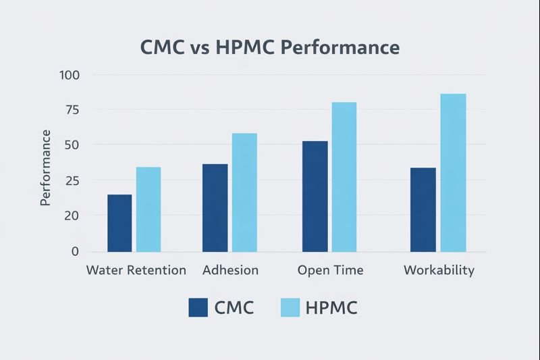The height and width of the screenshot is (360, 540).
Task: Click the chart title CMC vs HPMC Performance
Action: point(269,48)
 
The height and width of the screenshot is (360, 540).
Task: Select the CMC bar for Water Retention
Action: point(120,223)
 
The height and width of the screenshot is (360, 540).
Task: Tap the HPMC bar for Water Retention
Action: point(148,209)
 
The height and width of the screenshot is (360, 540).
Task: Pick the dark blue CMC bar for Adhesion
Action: point(215,207)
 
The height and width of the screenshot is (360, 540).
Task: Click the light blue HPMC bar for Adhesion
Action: point(244,192)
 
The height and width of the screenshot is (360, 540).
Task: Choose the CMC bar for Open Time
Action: point(315,196)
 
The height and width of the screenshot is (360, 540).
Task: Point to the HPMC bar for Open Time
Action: point(344,177)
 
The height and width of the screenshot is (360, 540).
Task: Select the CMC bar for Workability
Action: point(423,209)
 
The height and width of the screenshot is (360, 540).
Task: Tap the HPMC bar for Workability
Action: point(453,172)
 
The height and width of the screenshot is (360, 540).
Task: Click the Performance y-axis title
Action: point(46,167)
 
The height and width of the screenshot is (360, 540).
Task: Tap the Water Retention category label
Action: point(136,270)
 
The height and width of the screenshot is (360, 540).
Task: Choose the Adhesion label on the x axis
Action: point(230,270)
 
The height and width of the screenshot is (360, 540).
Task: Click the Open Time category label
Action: point(330,270)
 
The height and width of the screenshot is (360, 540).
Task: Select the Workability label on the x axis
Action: point(439,270)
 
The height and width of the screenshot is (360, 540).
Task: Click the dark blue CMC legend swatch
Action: point(198,308)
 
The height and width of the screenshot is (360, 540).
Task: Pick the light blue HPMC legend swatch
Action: point(289,308)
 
